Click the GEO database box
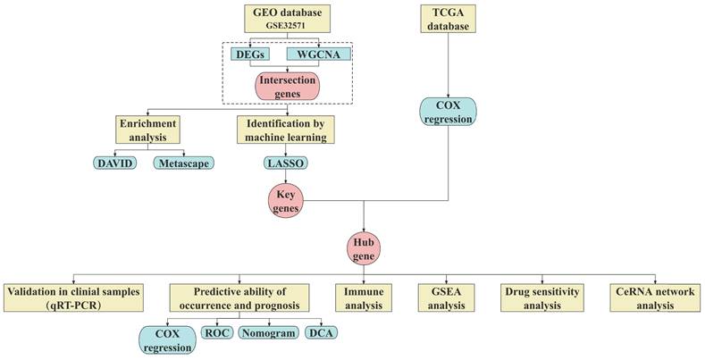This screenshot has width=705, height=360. pos(286,19)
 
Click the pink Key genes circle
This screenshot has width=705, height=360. pos(285,200)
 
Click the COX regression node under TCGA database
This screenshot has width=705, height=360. pos(447,112)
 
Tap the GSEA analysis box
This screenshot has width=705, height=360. pos(448,297)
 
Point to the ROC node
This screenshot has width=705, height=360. pos(216,333)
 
